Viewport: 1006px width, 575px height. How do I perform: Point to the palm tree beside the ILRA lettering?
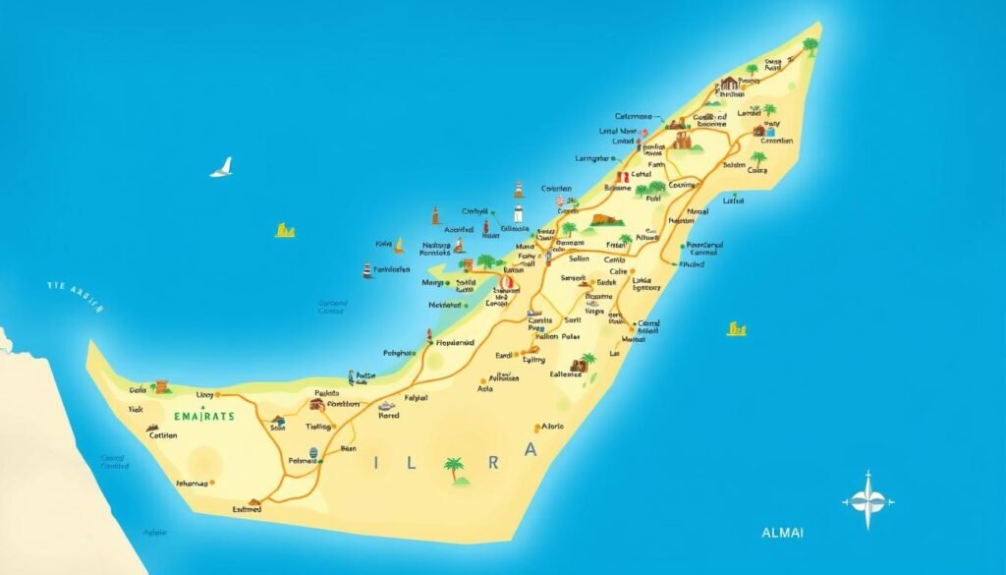(454, 469)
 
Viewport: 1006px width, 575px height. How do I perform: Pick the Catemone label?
(635, 116)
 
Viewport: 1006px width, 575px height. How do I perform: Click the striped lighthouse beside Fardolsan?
(367, 269)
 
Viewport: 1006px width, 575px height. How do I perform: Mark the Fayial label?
(417, 398)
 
